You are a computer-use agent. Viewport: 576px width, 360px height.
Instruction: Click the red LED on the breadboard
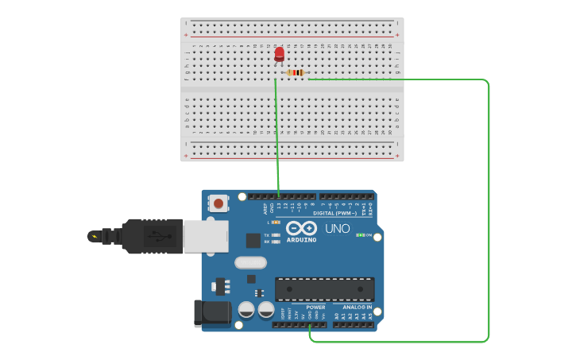click(x=279, y=54)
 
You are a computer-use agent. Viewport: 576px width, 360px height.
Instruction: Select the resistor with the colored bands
click(x=296, y=73)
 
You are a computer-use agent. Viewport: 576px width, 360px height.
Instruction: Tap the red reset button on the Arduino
click(x=218, y=204)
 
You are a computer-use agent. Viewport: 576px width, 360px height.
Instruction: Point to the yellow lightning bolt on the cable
click(x=95, y=236)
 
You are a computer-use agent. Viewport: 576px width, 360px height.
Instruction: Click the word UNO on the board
click(x=338, y=229)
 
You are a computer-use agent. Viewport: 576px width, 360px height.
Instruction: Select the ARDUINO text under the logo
click(x=301, y=239)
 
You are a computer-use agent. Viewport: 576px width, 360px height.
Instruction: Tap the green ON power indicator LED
click(x=360, y=235)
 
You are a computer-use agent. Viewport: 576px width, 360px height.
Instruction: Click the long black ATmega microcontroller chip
click(x=324, y=289)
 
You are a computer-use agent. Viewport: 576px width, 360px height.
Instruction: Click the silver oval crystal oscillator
click(x=250, y=262)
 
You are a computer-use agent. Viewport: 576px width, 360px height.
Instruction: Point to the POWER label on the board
click(x=315, y=307)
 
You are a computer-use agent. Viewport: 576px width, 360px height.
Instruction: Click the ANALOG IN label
click(x=357, y=307)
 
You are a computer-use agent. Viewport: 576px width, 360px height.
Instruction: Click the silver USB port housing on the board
click(x=206, y=236)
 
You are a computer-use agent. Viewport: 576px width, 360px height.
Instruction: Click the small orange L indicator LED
click(x=276, y=223)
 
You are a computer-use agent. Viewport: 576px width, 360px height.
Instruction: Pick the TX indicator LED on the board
click(x=276, y=235)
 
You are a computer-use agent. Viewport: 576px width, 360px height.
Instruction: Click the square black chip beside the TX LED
click(x=253, y=240)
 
